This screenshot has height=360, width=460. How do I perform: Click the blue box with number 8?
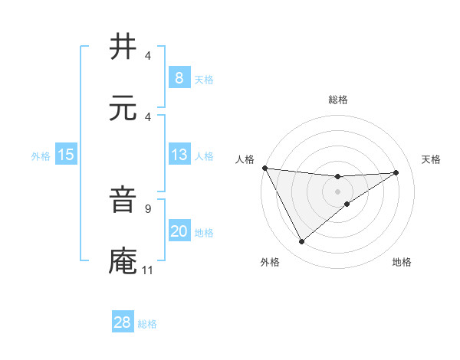[179, 77]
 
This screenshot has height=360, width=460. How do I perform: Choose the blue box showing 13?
[179, 155]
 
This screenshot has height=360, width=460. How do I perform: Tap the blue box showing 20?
[179, 231]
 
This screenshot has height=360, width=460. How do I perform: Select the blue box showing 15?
[66, 155]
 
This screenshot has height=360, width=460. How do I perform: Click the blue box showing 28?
[123, 322]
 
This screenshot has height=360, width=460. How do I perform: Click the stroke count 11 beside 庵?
[147, 270]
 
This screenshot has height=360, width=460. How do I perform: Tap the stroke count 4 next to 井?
[147, 56]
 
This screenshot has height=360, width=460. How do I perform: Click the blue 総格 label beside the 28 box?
[147, 324]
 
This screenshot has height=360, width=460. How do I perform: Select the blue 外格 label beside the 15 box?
[41, 155]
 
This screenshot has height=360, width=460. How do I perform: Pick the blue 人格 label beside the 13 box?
[204, 155]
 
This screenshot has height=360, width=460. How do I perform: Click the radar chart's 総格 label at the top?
[337, 100]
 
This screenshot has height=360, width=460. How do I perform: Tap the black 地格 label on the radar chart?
[402, 263]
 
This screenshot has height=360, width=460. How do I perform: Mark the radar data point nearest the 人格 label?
[264, 168]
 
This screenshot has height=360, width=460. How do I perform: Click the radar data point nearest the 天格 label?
[396, 172]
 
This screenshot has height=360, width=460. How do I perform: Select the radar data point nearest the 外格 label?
[301, 242]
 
